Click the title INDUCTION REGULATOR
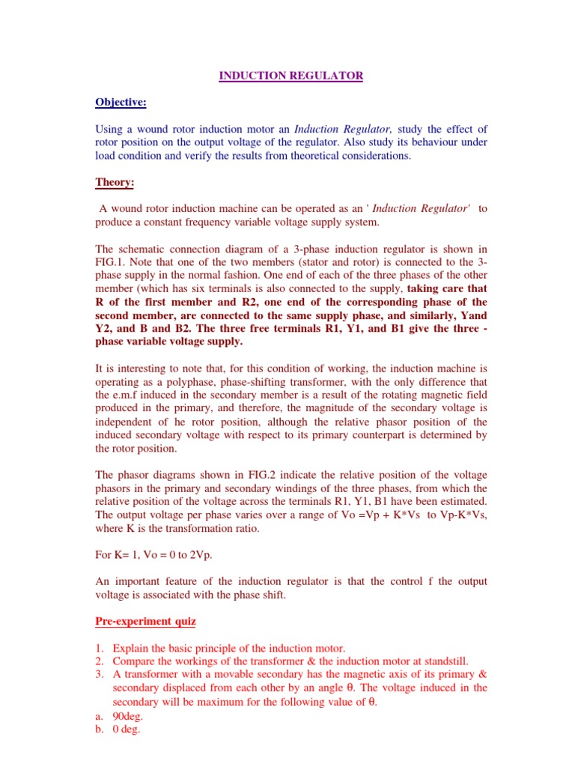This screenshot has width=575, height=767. [x=290, y=76]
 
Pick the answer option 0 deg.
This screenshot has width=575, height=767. [x=128, y=729]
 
